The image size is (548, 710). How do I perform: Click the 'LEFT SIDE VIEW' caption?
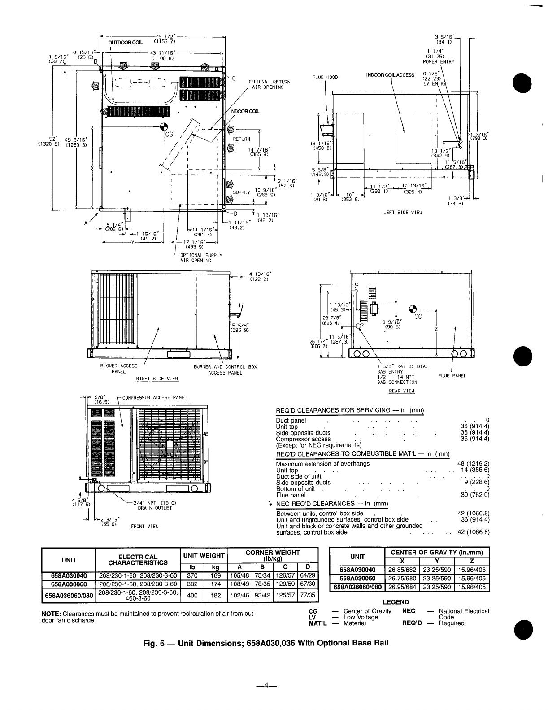[x=403, y=212]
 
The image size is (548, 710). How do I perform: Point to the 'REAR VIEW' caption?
[x=401, y=391]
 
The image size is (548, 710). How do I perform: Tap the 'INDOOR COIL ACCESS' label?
[x=390, y=75]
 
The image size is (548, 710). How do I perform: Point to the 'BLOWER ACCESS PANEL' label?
[x=119, y=369]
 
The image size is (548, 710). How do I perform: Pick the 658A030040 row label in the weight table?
[x=69, y=575]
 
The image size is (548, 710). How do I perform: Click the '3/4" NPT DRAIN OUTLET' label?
[x=155, y=505]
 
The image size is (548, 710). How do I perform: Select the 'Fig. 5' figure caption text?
[x=264, y=642]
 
